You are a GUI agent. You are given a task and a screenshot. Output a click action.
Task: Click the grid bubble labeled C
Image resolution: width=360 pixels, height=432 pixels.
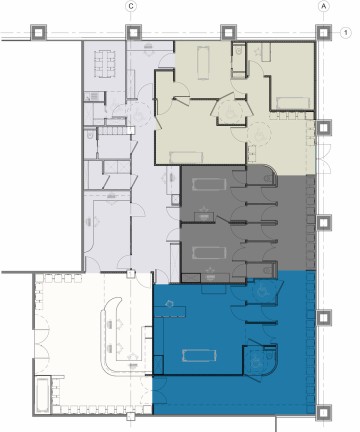pyautogui.click(x=131, y=7)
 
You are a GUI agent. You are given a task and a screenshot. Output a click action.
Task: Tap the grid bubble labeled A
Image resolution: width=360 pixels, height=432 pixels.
pyautogui.click(x=323, y=7)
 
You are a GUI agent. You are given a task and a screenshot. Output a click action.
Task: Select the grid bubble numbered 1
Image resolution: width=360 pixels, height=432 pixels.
pyautogui.click(x=346, y=33)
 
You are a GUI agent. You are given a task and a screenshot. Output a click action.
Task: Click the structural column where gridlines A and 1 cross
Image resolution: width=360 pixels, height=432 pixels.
pyautogui.click(x=323, y=33)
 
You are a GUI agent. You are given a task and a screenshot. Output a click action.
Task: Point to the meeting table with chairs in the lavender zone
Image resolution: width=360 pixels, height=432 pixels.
pyautogui.click(x=104, y=64)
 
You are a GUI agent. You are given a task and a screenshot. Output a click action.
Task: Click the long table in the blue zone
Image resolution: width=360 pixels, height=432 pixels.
pyautogui.click(x=199, y=355)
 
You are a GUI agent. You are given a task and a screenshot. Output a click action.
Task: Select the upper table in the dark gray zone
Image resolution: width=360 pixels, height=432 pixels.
pyautogui.click(x=209, y=184)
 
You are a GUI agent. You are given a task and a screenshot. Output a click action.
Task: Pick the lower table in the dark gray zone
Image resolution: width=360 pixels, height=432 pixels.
pyautogui.click(x=209, y=253)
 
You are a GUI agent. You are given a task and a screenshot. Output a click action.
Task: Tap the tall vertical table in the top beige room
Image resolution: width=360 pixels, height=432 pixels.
pyautogui.click(x=203, y=63)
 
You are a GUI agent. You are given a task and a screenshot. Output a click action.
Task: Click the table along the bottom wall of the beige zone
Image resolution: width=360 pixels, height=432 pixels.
pyautogui.click(x=186, y=157)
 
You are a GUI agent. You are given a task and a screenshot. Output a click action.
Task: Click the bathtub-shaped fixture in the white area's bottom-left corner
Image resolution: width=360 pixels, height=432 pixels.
pyautogui.click(x=43, y=396)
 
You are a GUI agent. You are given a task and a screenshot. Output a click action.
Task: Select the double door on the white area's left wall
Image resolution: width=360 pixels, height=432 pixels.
pyautogui.click(x=41, y=338)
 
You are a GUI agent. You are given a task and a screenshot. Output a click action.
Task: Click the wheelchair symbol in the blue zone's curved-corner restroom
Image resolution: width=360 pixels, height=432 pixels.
pyautogui.click(x=256, y=362)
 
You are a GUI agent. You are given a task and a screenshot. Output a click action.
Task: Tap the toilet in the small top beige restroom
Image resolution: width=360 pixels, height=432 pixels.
pyautogui.click(x=239, y=51)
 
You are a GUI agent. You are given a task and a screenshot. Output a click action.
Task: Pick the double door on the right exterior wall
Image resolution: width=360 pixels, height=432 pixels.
pyautogui.click(x=323, y=159)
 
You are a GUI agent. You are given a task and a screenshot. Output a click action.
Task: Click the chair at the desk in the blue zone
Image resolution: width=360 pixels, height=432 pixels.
pyautogui.click(x=169, y=304)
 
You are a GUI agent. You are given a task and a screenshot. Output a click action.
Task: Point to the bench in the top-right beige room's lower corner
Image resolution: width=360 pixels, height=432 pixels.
pyautogui.click(x=292, y=103)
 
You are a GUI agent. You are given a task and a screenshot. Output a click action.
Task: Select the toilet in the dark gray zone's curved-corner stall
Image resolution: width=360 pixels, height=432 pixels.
pyautogui.click(x=268, y=178)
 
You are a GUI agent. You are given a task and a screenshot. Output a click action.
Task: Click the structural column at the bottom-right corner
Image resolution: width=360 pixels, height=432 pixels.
pyautogui.click(x=323, y=413)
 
